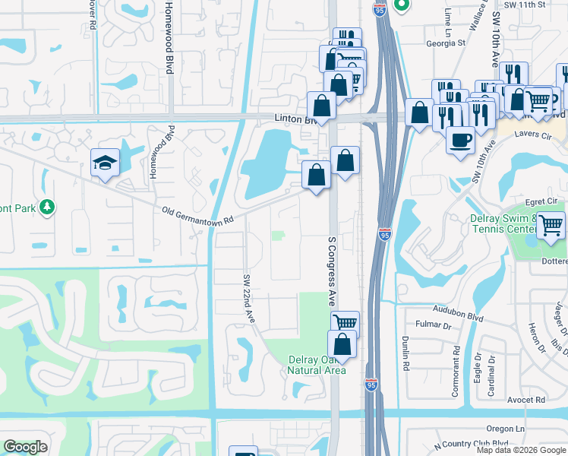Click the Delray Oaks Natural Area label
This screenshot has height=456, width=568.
tap(317, 365)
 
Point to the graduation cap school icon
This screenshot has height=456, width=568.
tap(106, 162)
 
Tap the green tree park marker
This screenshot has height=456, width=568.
tap(47, 206)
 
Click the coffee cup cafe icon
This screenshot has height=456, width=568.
tap(460, 140)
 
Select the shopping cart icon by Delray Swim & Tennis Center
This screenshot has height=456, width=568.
tap(551, 225)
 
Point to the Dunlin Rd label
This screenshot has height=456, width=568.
tap(407, 354)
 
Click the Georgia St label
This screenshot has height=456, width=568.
tap(446, 43)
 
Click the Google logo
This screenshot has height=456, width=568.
tap(25, 447)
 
